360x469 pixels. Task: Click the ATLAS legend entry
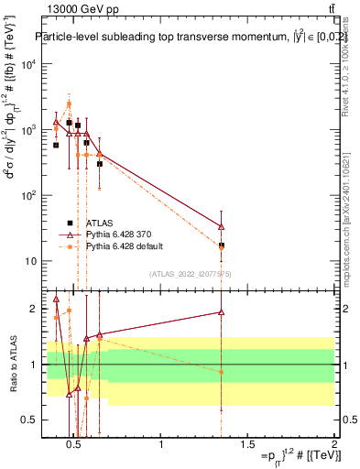pos(98,223)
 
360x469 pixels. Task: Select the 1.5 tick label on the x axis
pos(247,446)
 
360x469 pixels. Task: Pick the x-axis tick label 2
pos(333,446)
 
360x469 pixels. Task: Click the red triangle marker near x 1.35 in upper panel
pos(222,226)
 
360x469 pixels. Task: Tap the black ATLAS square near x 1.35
pos(222,245)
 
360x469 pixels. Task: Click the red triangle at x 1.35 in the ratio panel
pos(222,312)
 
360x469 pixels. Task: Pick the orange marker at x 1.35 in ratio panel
pos(222,371)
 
